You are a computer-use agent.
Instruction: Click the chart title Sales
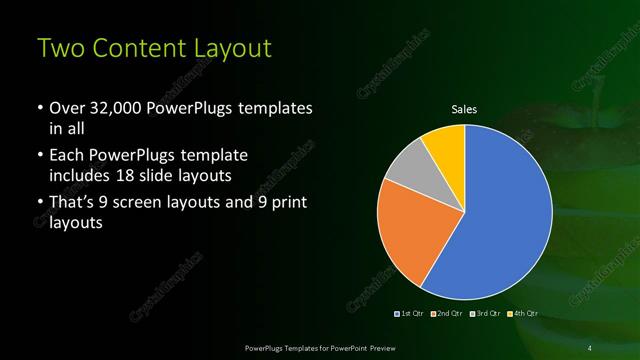point(464,109)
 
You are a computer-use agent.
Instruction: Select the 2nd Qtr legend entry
point(449,314)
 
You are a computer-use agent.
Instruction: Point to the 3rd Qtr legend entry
point(486,314)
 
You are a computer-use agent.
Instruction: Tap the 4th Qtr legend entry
point(522,314)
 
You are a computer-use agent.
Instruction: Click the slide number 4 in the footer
point(590,347)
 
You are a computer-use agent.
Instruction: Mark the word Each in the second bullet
point(68,156)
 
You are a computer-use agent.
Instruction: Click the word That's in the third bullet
point(77,203)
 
